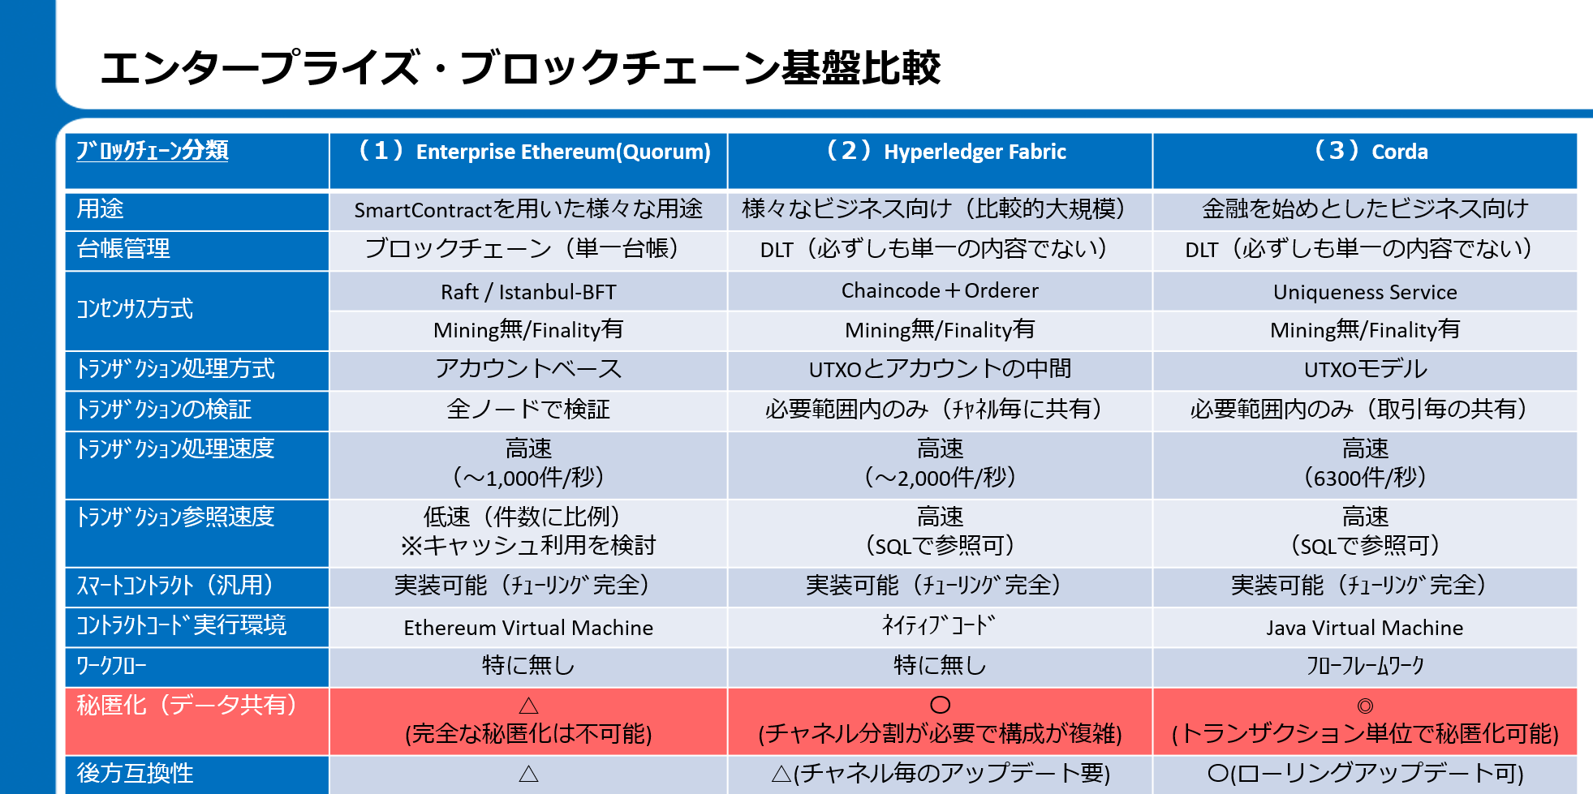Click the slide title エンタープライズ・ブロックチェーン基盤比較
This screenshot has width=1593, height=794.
pos(519,67)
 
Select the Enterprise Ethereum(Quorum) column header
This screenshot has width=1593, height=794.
pos(535,152)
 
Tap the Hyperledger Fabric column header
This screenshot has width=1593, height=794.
pos(945,152)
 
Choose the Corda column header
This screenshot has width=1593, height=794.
pos(1371,152)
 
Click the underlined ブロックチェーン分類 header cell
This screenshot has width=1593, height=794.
pos(153,151)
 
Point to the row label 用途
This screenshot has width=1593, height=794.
pos(100,209)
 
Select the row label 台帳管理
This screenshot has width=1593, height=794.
pos(123,249)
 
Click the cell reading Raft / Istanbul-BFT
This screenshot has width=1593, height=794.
pos(528,292)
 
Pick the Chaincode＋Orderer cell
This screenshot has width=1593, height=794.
pos(940,290)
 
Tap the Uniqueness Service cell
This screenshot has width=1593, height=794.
pos(1365,292)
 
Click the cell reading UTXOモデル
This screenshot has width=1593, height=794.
pos(1365,370)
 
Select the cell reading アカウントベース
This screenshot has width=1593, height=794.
pos(528,369)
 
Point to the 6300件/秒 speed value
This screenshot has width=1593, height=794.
pos(1365,478)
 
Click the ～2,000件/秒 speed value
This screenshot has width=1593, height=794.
pos(940,478)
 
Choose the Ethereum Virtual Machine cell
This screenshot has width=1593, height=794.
pos(528,628)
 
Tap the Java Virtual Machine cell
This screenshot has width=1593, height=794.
pos(1365,628)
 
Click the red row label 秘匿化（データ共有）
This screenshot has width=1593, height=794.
pos(187,705)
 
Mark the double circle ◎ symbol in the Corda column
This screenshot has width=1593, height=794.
pos(1365,706)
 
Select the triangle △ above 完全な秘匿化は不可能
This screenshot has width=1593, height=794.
pos(528,705)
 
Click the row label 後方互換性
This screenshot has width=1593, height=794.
pos(135,774)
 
